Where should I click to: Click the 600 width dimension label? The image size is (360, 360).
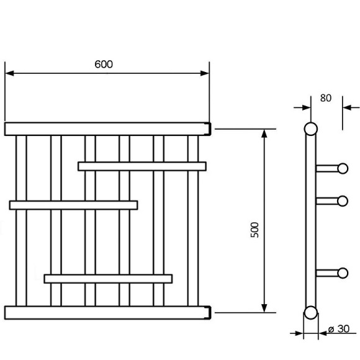pyautogui.click(x=104, y=65)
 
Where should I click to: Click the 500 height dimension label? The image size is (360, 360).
pyautogui.click(x=254, y=230)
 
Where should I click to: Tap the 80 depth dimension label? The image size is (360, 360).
pyautogui.click(x=326, y=98)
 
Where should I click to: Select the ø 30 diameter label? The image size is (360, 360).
pyautogui.click(x=339, y=329)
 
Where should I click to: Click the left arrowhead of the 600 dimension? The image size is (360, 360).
pyautogui.click(x=9, y=73)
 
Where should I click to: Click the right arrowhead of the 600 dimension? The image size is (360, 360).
pyautogui.click(x=205, y=73)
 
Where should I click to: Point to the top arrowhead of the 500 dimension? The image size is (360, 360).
pyautogui.click(x=264, y=133)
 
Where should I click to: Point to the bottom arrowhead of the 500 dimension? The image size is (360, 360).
pyautogui.click(x=264, y=308)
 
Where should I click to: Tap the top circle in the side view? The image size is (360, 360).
pyautogui.click(x=311, y=129)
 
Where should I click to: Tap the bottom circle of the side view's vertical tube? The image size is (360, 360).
pyautogui.click(x=311, y=313)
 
